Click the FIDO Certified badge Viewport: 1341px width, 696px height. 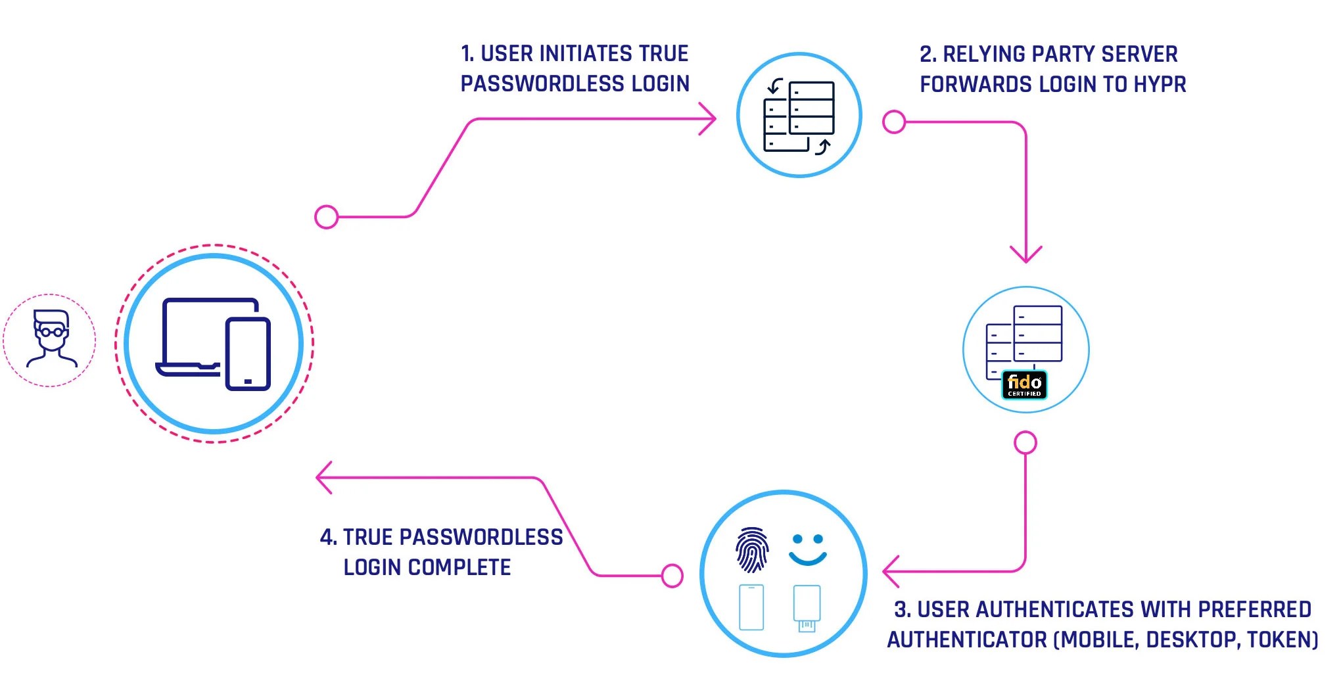(x=1024, y=385)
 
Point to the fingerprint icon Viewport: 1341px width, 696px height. (x=752, y=549)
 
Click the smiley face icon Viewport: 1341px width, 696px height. (x=807, y=549)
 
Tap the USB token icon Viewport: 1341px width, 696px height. (x=807, y=608)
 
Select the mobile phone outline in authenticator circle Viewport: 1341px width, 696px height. (x=751, y=607)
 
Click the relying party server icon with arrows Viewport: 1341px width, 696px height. (x=799, y=116)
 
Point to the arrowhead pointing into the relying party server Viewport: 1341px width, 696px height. (x=710, y=119)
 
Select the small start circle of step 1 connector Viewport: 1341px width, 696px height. (x=327, y=217)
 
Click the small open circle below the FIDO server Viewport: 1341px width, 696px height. (x=1025, y=443)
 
